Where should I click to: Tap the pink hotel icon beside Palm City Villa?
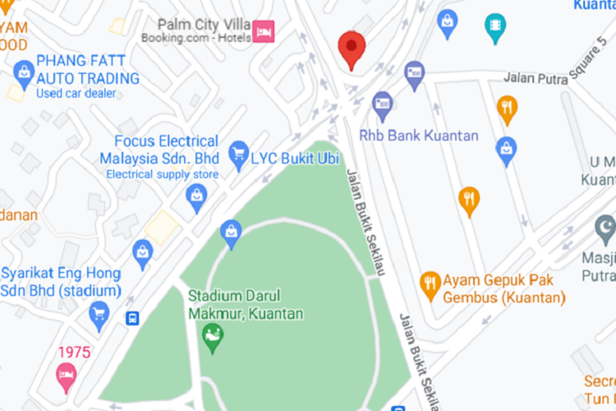pos(263,32)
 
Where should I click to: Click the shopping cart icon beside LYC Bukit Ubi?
pos(239,152)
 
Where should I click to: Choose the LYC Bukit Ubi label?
pos(294,156)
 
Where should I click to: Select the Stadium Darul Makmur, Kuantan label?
pos(246,305)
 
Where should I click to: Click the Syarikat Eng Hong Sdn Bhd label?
pos(61,282)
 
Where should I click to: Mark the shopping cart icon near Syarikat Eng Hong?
pos(99,313)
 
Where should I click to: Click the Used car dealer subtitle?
pos(76,93)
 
